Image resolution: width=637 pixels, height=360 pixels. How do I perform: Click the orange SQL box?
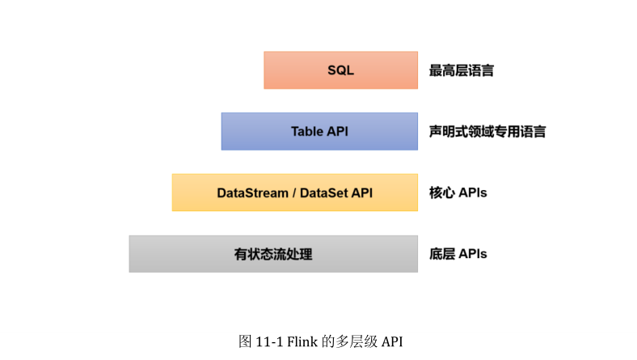click(340, 70)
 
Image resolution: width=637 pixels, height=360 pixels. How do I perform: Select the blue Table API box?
click(319, 131)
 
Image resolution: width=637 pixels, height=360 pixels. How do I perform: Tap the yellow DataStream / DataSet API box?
click(294, 193)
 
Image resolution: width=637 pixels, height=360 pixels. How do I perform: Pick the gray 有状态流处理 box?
click(273, 254)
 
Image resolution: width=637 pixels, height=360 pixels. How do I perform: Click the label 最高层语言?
click(462, 70)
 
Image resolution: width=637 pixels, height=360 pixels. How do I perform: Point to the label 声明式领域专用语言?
click(487, 131)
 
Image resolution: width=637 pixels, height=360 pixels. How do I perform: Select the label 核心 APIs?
click(458, 193)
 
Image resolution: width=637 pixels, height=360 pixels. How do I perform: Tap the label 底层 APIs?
click(458, 254)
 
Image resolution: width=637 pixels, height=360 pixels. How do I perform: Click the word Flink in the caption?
click(302, 341)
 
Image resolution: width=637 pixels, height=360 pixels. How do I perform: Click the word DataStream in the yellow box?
click(252, 193)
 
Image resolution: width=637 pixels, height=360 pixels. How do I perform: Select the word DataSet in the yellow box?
click(323, 193)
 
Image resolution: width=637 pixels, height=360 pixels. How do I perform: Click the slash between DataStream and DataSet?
click(294, 193)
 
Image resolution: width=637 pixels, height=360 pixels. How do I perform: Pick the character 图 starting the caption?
click(245, 341)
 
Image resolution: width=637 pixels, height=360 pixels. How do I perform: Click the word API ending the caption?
click(392, 341)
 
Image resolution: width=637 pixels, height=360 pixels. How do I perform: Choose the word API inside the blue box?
click(338, 131)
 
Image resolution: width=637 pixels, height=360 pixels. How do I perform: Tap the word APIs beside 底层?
click(472, 254)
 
